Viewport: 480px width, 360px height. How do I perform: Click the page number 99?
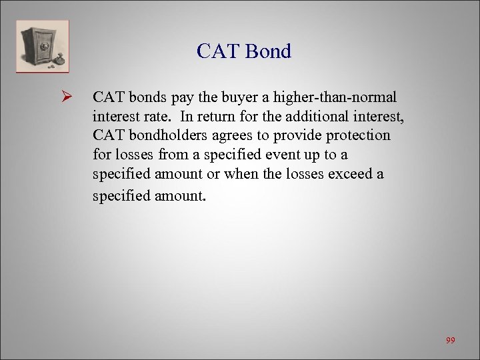(x=451, y=341)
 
